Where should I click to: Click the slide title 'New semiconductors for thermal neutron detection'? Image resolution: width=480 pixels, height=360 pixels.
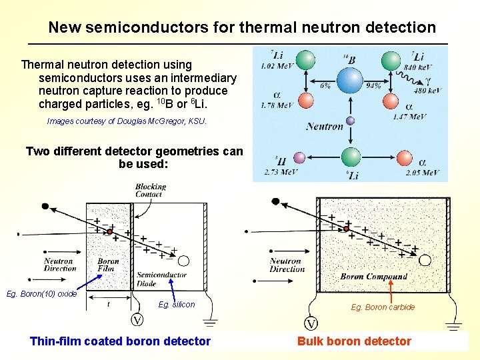(242, 27)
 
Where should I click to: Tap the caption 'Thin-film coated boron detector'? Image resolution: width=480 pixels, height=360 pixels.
(120, 341)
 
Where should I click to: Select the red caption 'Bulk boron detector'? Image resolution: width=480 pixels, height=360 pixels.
(354, 341)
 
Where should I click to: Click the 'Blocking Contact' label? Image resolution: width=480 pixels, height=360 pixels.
(150, 191)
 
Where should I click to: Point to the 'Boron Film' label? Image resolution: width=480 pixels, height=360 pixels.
(108, 265)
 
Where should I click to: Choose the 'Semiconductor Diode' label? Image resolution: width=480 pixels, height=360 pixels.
(161, 279)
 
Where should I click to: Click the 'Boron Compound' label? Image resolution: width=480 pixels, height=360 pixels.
(373, 276)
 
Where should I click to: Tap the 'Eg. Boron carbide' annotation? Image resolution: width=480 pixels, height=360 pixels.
(383, 307)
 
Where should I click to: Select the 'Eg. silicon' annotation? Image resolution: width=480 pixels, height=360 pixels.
(177, 305)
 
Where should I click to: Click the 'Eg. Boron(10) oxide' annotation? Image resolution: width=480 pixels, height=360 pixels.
(41, 294)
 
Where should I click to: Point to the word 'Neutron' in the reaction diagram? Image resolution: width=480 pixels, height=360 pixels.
(325, 126)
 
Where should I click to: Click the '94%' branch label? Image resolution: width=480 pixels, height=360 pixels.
(373, 85)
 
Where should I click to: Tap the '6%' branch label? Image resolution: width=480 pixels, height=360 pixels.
(325, 85)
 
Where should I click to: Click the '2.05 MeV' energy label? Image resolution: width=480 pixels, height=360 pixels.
(422, 173)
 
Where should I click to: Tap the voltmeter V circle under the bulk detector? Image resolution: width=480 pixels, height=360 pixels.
(311, 325)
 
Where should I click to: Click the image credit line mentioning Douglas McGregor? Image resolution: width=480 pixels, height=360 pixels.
(127, 121)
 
